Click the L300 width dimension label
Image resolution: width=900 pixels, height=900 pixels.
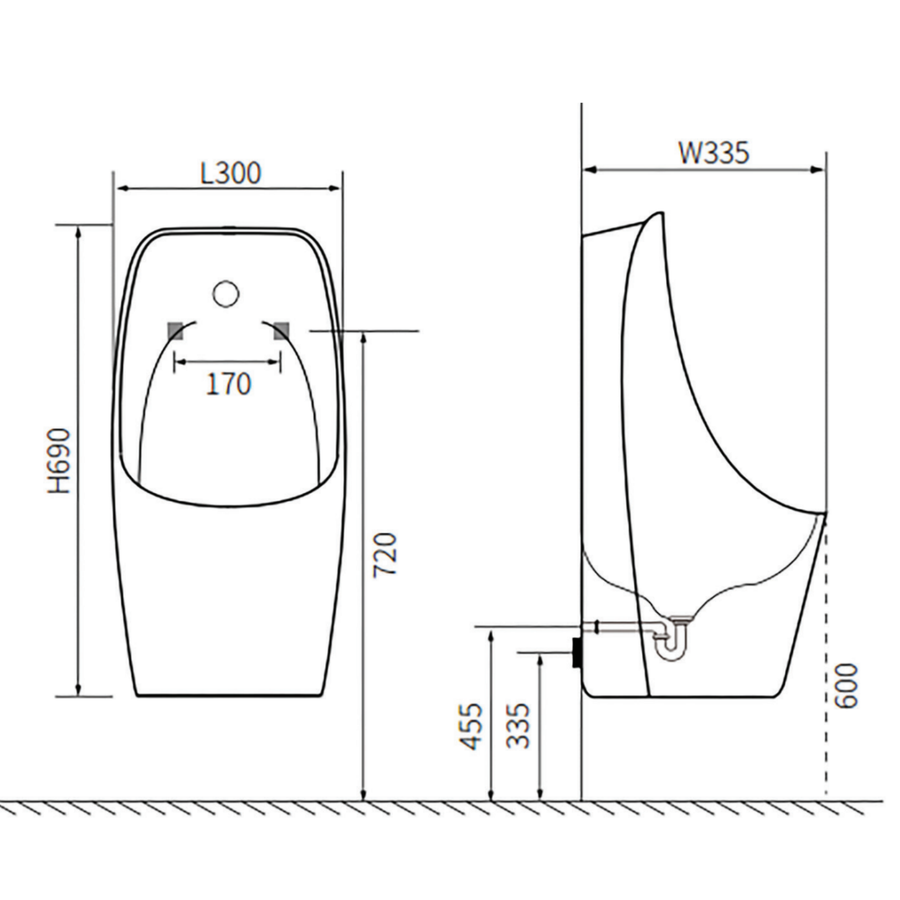[x=231, y=173]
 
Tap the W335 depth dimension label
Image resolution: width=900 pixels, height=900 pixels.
[x=714, y=153]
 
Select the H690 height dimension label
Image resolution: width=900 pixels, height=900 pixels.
[x=59, y=460]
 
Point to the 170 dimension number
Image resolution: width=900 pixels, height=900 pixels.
[x=228, y=384]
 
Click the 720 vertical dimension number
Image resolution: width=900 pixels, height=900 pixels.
[x=385, y=555]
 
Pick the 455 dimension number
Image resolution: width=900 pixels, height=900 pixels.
[x=471, y=727]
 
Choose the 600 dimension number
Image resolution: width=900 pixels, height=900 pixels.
[x=845, y=686]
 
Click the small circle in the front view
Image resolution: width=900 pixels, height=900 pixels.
[x=226, y=293]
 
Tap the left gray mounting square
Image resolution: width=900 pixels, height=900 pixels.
[x=175, y=331]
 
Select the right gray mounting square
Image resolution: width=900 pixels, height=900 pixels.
[x=281, y=331]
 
